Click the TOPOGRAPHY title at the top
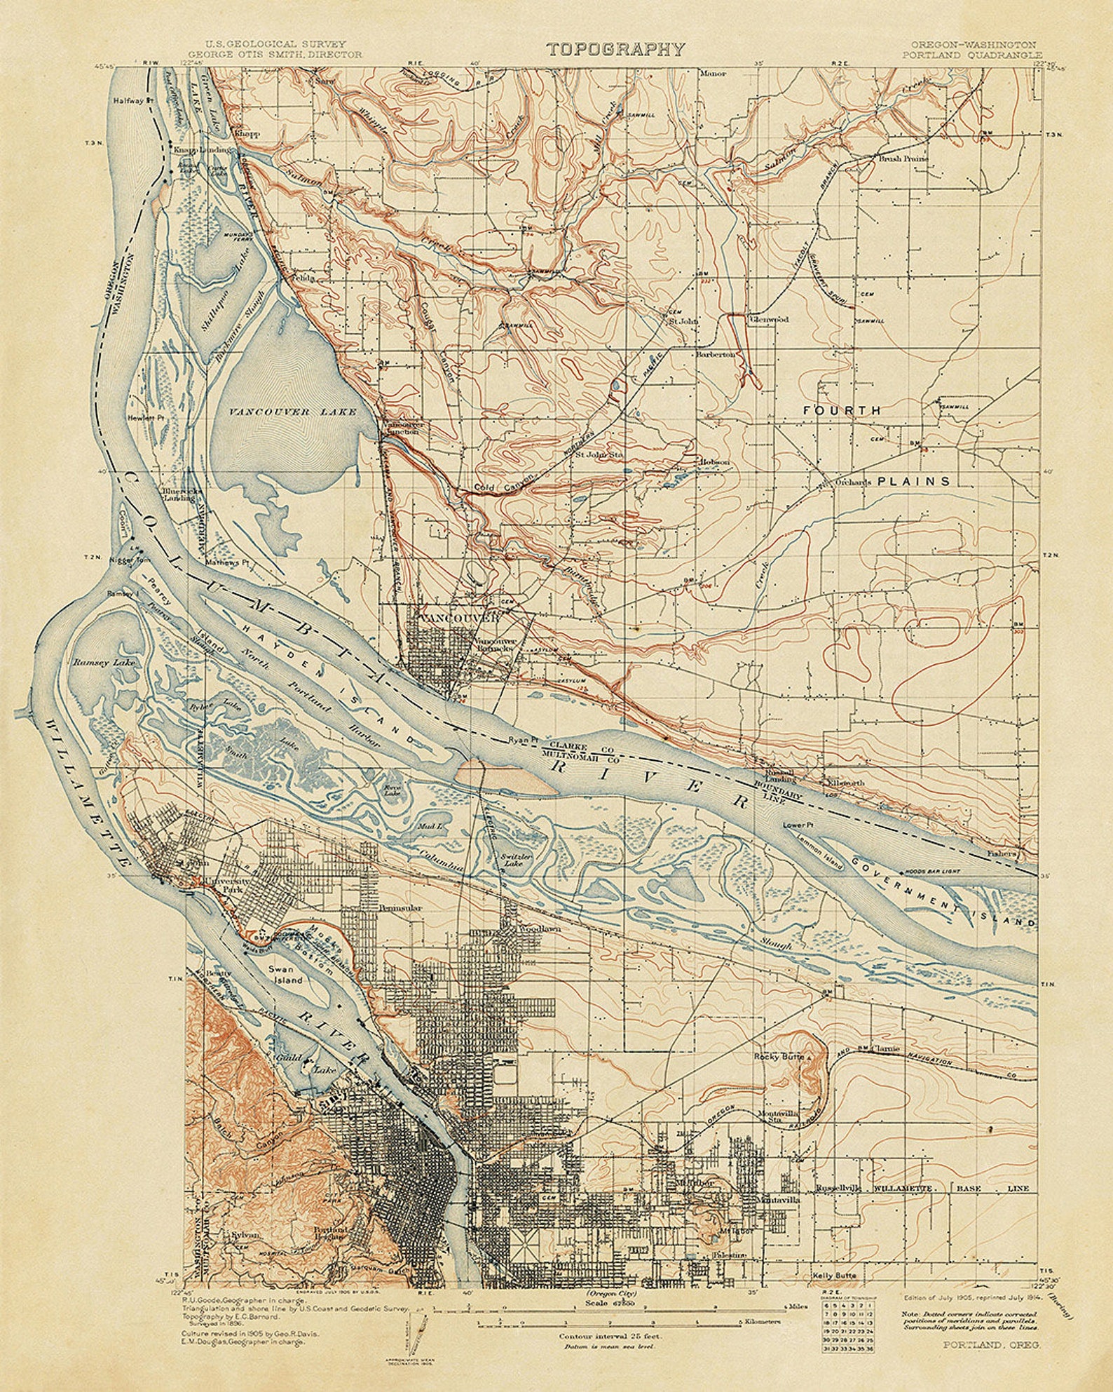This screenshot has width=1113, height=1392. [615, 48]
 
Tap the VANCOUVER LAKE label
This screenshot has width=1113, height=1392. [293, 412]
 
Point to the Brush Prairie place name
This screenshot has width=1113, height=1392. [903, 158]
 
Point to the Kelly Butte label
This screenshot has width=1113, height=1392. [835, 1275]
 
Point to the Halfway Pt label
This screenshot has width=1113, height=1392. [130, 100]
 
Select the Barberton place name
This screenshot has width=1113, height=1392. [716, 355]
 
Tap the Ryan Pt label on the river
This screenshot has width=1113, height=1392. [524, 741]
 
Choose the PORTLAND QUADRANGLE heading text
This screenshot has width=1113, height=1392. [972, 54]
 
